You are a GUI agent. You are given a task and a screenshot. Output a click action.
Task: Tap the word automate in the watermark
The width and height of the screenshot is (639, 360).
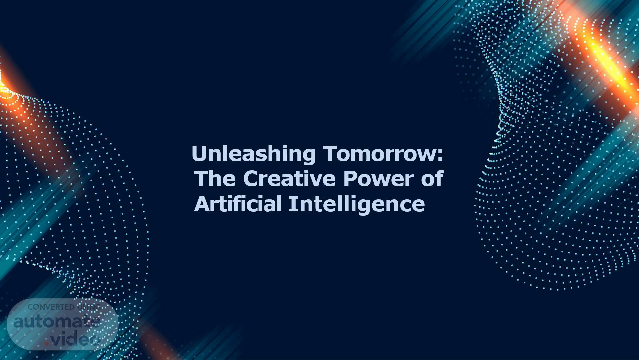pyautogui.click(x=57, y=322)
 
